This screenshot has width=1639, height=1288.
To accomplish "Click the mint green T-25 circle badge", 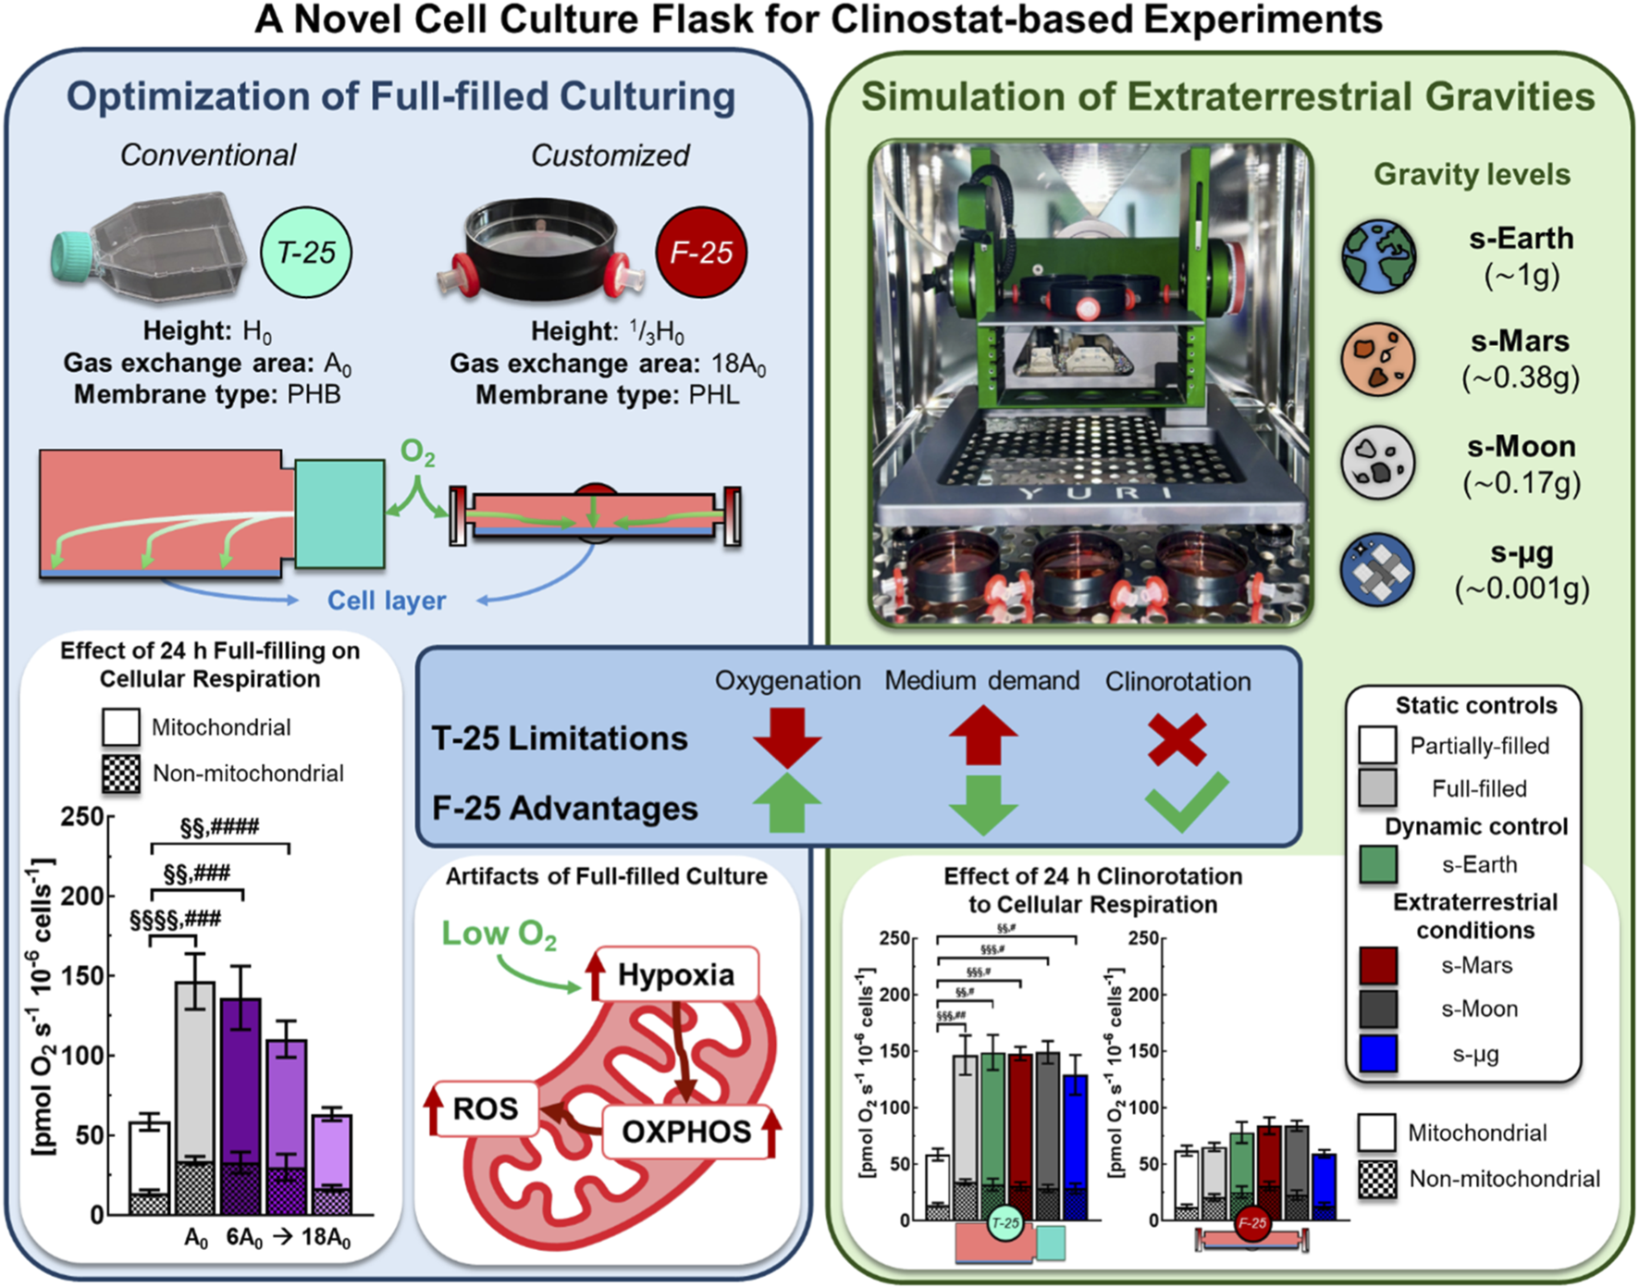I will tap(306, 253).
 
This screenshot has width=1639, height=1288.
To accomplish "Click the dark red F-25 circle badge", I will tap(700, 252).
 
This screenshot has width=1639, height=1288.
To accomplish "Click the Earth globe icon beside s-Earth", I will tap(1378, 256).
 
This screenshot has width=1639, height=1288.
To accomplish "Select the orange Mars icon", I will tap(1378, 360).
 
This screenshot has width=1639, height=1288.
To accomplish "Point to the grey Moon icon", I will tap(1378, 464).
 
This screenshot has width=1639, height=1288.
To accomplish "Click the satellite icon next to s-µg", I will tap(1378, 569).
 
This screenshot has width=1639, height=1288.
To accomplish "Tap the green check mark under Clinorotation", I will tap(1187, 801).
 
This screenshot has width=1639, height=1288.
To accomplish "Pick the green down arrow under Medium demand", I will tap(982, 805).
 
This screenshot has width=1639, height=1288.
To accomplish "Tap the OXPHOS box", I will tap(686, 1132).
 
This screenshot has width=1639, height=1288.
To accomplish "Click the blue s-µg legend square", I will tap(1378, 1054).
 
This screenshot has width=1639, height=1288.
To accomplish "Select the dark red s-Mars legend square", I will tap(1378, 965).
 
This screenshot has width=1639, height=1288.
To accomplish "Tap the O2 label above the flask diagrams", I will tap(417, 453).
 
